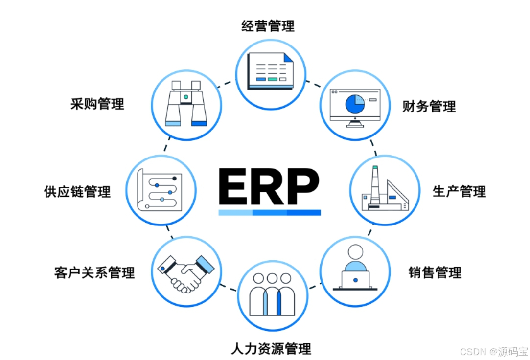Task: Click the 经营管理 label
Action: pyautogui.click(x=268, y=25)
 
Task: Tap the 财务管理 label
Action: pyautogui.click(x=429, y=106)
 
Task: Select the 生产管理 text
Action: pyautogui.click(x=459, y=191)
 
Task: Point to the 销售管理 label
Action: pyautogui.click(x=435, y=272)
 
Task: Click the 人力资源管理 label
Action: pyautogui.click(x=271, y=348)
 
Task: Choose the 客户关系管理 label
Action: pyautogui.click(x=94, y=272)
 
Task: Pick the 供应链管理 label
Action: pyautogui.click(x=77, y=191)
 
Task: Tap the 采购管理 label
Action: pyautogui.click(x=97, y=104)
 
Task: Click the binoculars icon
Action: pyautogui.click(x=186, y=104)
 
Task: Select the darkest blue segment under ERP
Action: pyautogui.click(x=303, y=212)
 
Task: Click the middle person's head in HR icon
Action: pyautogui.click(x=272, y=278)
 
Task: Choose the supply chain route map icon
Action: pyautogui.click(x=160, y=190)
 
